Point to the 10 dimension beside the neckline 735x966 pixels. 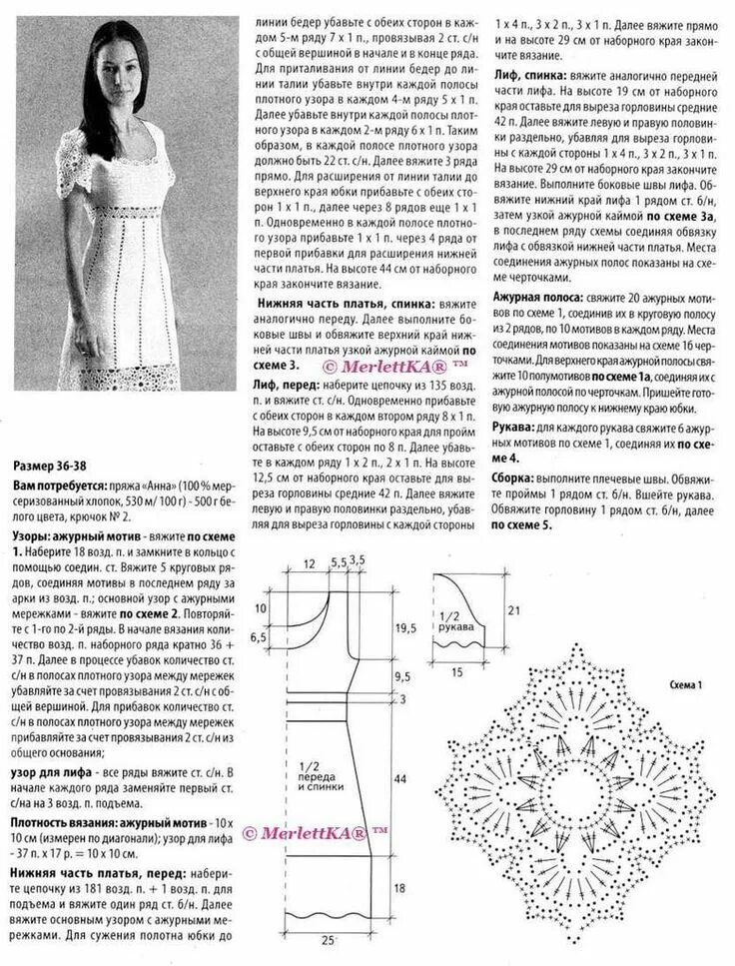click(x=262, y=607)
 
